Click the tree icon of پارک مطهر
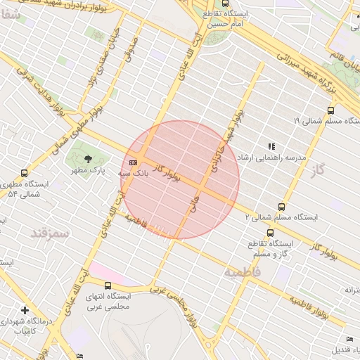(x=88, y=159)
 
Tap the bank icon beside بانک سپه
(x=134, y=162)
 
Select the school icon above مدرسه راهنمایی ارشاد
(x=271, y=147)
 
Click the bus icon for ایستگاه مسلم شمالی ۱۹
(x=330, y=110)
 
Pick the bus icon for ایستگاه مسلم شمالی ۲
(x=281, y=207)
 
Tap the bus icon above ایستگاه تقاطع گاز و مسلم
(x=270, y=233)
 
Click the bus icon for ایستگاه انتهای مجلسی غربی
(x=108, y=285)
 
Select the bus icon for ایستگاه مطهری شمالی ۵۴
(x=25, y=173)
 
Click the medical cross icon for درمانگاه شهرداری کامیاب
(x=25, y=310)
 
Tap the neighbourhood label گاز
(x=321, y=169)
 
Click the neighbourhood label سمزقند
(x=50, y=231)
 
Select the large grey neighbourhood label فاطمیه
(x=243, y=271)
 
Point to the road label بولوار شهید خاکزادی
(x=226, y=138)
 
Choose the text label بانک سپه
(x=113, y=172)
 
